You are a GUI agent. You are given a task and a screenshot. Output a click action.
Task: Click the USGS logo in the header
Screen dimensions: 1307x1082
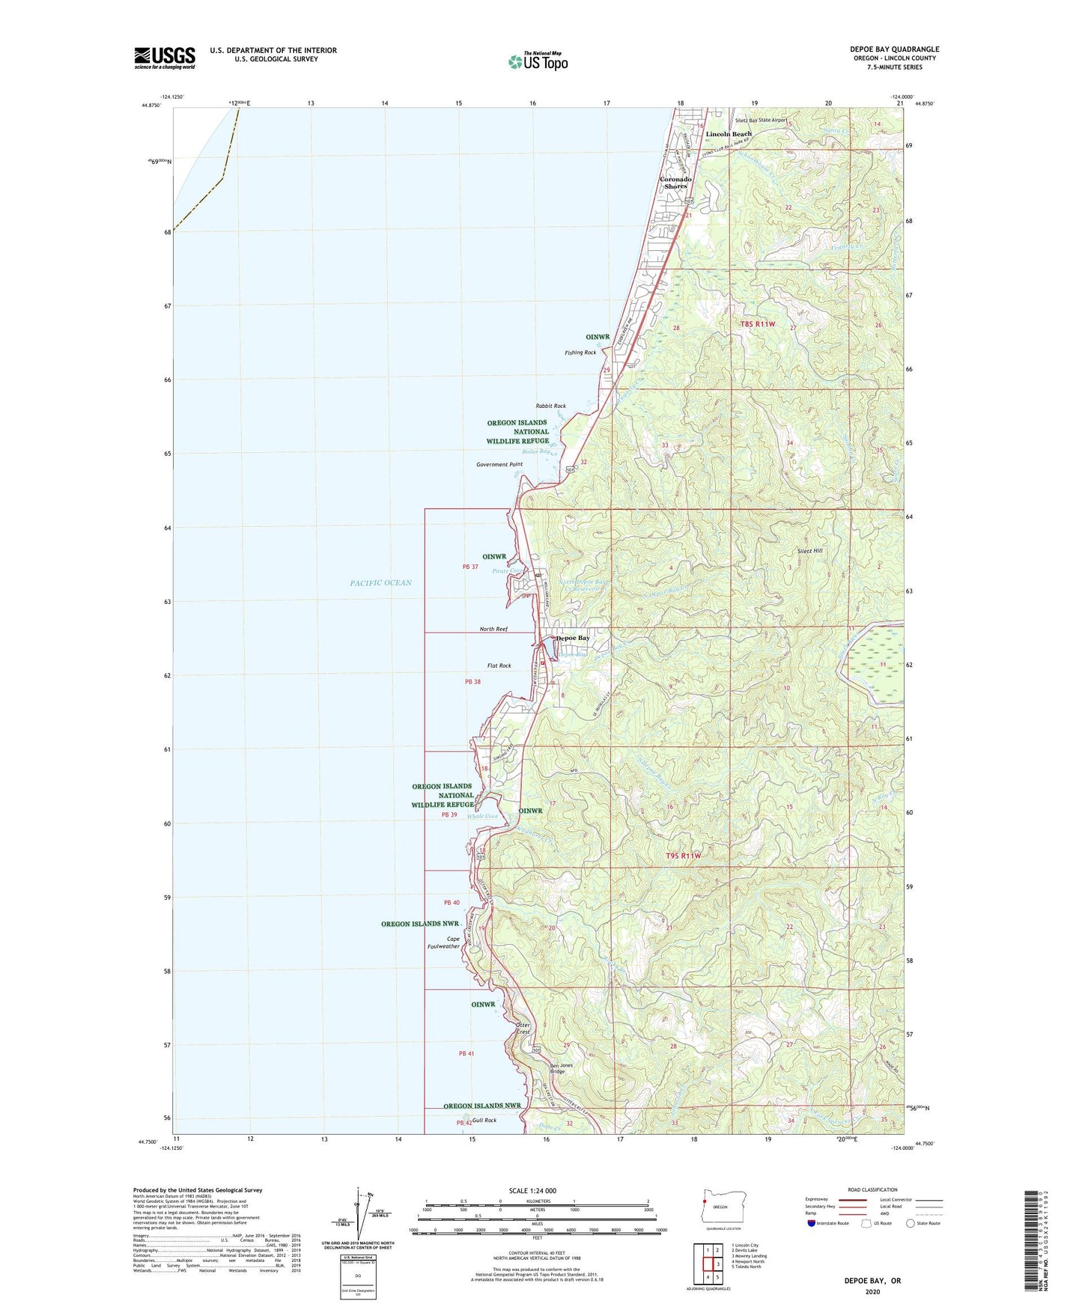pyautogui.click(x=165, y=58)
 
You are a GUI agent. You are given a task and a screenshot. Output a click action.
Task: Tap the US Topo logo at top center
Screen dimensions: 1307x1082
pyautogui.click(x=537, y=61)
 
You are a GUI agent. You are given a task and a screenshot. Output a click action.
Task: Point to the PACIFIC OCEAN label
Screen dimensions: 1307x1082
pyautogui.click(x=380, y=582)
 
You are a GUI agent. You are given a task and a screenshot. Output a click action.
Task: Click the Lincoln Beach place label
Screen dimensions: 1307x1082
pyautogui.click(x=729, y=134)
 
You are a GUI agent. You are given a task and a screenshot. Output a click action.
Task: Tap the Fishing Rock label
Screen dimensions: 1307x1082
pyautogui.click(x=581, y=353)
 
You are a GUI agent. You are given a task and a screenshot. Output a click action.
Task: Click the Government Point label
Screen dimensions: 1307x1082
pyautogui.click(x=499, y=464)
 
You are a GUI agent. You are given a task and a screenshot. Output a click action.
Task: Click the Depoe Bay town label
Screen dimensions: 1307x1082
pyautogui.click(x=573, y=638)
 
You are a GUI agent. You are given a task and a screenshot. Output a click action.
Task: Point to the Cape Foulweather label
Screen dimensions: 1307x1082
pyautogui.click(x=453, y=942)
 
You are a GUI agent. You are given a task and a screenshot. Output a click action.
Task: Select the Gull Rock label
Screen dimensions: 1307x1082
pyautogui.click(x=484, y=1121)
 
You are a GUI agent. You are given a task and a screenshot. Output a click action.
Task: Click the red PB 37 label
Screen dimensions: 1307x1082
pyautogui.click(x=470, y=567)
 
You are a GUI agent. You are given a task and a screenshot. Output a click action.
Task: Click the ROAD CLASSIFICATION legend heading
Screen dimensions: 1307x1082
pyautogui.click(x=873, y=1189)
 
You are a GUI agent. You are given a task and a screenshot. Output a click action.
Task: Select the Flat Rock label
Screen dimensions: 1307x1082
pyautogui.click(x=499, y=665)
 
